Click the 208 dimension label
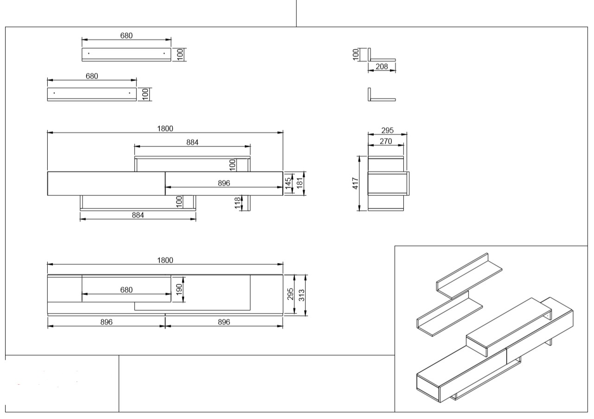coord(382,67)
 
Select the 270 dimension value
coord(385,141)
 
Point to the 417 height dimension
coord(356,183)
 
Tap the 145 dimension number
coord(288,183)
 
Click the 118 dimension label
coord(238,203)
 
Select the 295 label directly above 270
coord(387,131)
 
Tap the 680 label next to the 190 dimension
coord(126,290)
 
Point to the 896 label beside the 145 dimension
coord(224,183)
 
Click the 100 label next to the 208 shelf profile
coord(356,54)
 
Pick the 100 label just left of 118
coord(179,202)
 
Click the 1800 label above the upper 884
coord(165,129)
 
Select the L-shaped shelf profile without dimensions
coord(381,96)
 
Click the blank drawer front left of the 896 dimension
coord(106,183)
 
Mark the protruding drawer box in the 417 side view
coord(389,184)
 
